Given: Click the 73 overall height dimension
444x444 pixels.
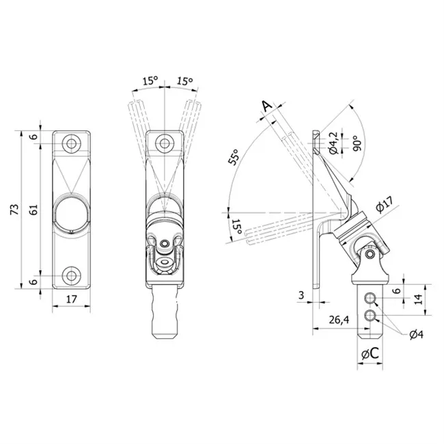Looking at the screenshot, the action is pyautogui.click(x=15, y=209).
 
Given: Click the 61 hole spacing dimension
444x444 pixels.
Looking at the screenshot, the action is pyautogui.click(x=33, y=210).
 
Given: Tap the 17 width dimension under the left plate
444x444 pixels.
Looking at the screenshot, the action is pyautogui.click(x=71, y=299).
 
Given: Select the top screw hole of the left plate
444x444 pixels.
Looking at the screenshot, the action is pyautogui.click(x=72, y=143).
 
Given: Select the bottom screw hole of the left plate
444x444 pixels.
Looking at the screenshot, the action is pyautogui.click(x=72, y=275).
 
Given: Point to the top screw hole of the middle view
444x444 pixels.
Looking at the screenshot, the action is pyautogui.click(x=165, y=143).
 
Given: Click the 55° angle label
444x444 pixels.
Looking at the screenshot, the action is pyautogui.click(x=234, y=157).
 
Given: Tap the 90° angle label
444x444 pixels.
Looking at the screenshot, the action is pyautogui.click(x=358, y=143).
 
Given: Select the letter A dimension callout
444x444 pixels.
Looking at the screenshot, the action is pyautogui.click(x=266, y=106).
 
